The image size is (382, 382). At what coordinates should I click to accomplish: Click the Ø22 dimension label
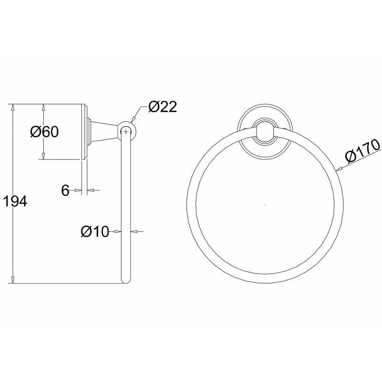coord(162,106)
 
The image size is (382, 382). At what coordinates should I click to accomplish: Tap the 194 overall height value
coord(14,201)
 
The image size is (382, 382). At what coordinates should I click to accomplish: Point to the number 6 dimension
coord(66,191)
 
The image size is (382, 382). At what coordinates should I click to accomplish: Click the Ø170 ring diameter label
coord(361,151)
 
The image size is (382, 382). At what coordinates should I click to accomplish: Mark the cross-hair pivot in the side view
coord(126,130)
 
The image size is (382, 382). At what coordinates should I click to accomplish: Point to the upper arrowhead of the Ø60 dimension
coord(44,106)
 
